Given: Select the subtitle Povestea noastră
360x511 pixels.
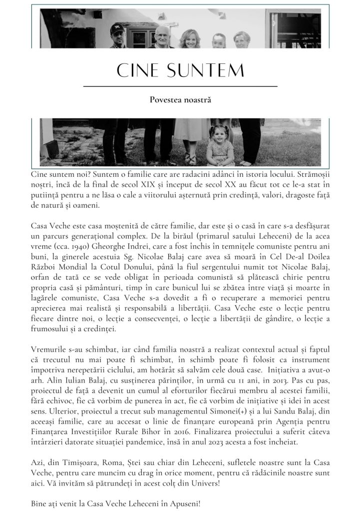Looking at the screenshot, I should click(x=180, y=100).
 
